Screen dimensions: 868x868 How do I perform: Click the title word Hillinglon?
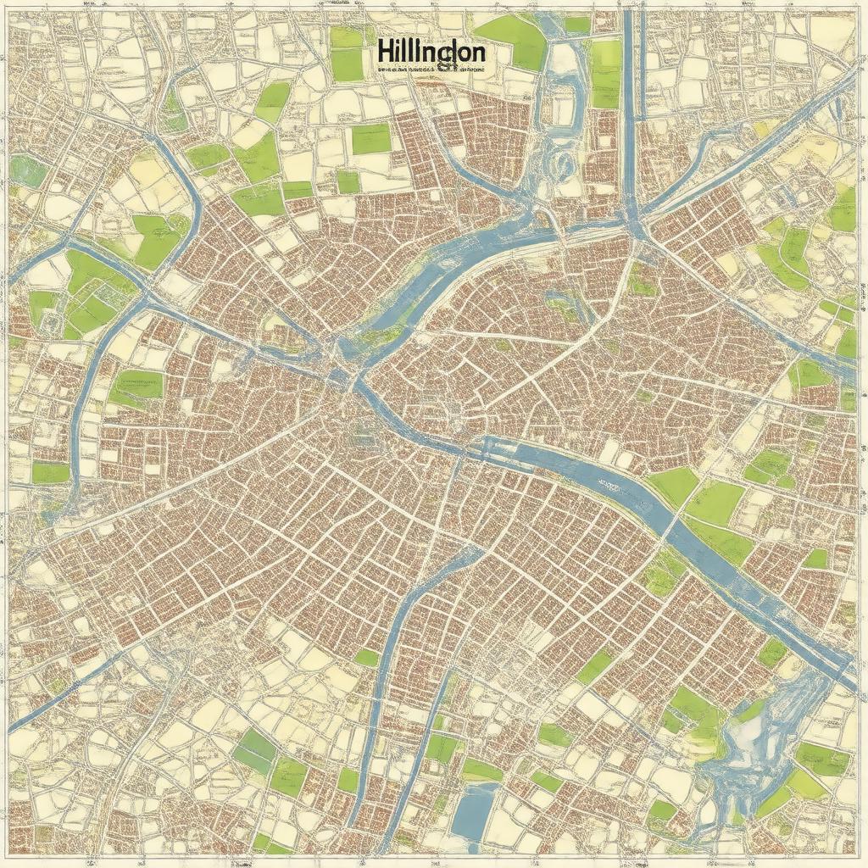[431, 53]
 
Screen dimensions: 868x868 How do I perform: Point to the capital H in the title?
[384, 53]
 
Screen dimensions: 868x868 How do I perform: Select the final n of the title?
[478, 53]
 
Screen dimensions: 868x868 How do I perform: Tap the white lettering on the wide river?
[609, 485]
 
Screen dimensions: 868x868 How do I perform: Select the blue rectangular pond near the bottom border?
[475, 811]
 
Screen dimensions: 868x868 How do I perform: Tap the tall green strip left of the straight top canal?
[605, 72]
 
